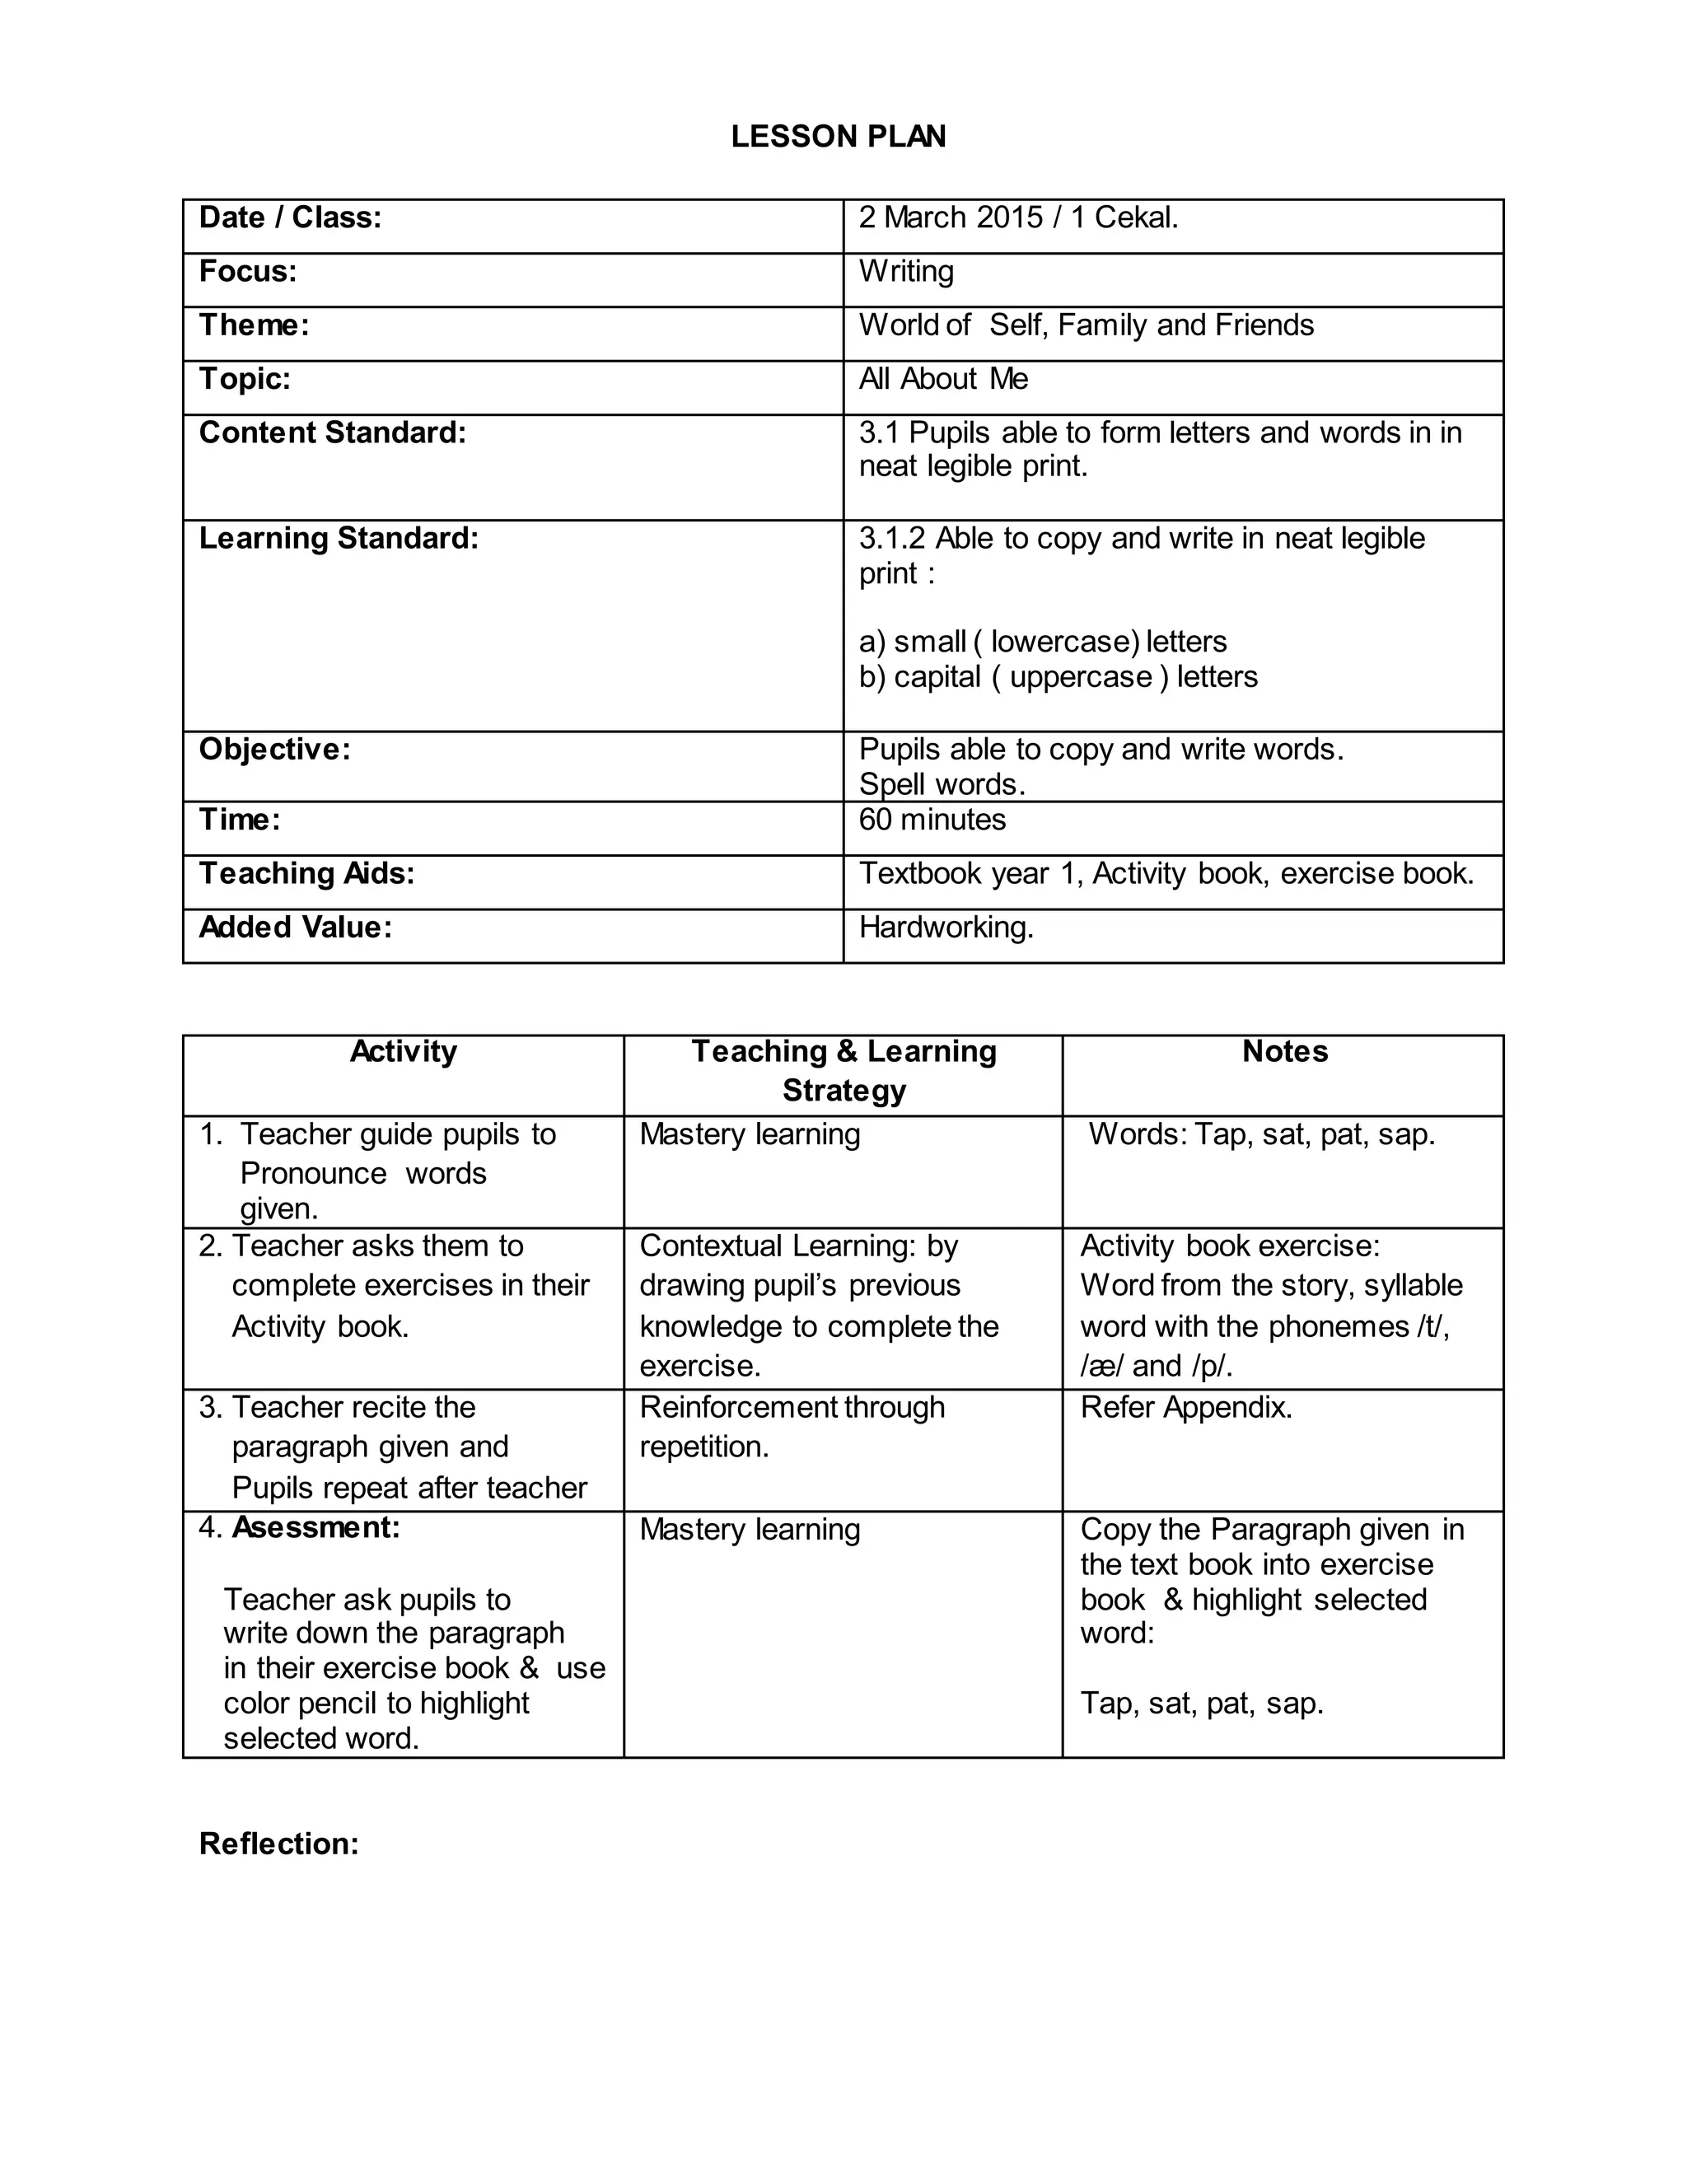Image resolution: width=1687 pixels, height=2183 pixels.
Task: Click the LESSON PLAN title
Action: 838,137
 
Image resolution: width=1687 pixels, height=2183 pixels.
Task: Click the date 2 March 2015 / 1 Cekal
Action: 1017,218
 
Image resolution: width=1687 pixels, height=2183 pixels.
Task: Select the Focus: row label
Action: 248,272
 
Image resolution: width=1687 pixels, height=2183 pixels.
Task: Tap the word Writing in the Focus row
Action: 905,272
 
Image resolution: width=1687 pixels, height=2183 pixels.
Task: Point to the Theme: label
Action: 254,326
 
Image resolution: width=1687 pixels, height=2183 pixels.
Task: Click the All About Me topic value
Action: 942,380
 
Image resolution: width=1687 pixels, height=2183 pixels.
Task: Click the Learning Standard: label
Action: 338,540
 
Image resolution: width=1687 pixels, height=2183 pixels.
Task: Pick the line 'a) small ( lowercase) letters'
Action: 1042,642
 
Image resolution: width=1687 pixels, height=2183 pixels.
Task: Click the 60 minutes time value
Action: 932,820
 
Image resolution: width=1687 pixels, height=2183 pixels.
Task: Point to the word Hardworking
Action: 946,928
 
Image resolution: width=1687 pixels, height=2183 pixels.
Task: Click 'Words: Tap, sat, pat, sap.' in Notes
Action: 1261,1135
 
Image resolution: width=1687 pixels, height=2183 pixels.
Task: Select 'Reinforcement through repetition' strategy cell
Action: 792,1428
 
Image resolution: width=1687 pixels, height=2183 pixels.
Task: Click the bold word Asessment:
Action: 315,1528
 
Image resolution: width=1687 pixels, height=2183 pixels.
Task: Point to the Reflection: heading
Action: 279,1844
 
